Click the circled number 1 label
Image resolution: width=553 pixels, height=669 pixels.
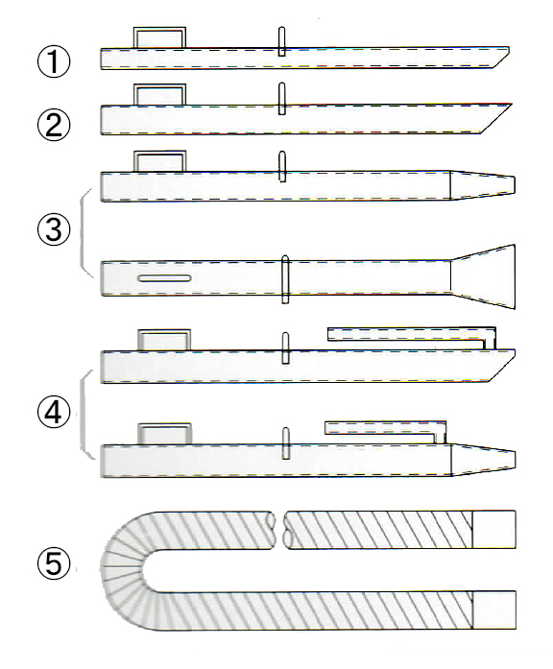click(x=54, y=61)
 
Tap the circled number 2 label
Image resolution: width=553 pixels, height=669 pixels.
click(x=54, y=124)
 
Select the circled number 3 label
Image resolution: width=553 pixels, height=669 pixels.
click(x=54, y=229)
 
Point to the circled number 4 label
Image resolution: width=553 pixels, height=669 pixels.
click(x=54, y=413)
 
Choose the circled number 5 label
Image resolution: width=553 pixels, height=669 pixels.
click(x=54, y=563)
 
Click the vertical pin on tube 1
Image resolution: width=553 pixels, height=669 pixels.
click(x=281, y=41)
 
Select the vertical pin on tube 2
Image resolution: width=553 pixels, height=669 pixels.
click(x=281, y=99)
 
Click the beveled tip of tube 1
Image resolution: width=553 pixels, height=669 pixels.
click(x=500, y=58)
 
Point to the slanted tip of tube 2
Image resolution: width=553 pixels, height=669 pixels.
click(x=495, y=119)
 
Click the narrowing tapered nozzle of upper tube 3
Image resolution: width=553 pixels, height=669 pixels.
click(x=483, y=185)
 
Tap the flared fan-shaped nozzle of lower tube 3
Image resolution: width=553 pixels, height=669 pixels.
click(x=483, y=276)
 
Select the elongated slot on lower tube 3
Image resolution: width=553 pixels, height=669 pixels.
click(x=164, y=278)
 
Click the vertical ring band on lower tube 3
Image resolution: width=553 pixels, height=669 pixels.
click(x=285, y=279)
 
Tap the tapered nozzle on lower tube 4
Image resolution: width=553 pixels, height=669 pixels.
click(x=483, y=459)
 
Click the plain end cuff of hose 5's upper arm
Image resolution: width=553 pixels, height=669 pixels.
click(x=494, y=530)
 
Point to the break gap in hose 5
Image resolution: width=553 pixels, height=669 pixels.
click(x=279, y=530)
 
